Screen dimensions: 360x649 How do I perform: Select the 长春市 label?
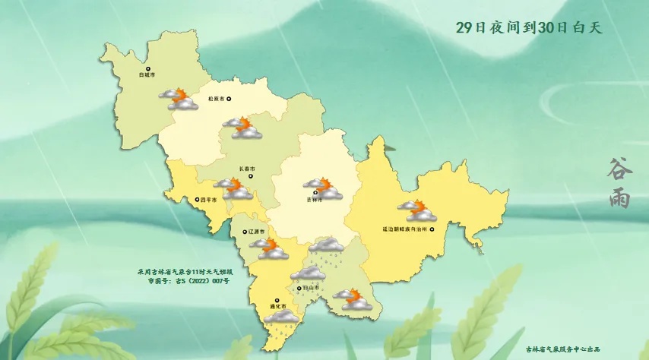coord(248,169)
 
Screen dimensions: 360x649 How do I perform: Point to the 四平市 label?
coord(209,201)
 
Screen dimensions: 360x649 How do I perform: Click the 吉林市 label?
coord(314,200)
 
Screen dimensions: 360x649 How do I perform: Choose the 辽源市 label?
coord(258,231)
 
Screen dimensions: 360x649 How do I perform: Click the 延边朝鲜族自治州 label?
coord(404,229)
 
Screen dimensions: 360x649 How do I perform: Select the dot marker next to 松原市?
coord(228,99)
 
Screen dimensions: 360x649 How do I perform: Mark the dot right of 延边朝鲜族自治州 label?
coord(432,229)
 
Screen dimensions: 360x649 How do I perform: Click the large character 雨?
coord(619,197)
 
